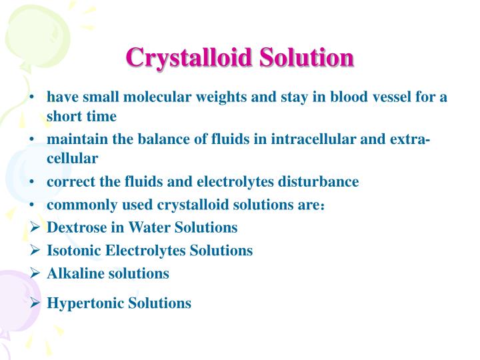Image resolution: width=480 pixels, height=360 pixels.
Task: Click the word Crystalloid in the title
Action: [x=189, y=57]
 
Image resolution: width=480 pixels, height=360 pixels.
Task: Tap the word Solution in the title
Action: [x=306, y=57]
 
